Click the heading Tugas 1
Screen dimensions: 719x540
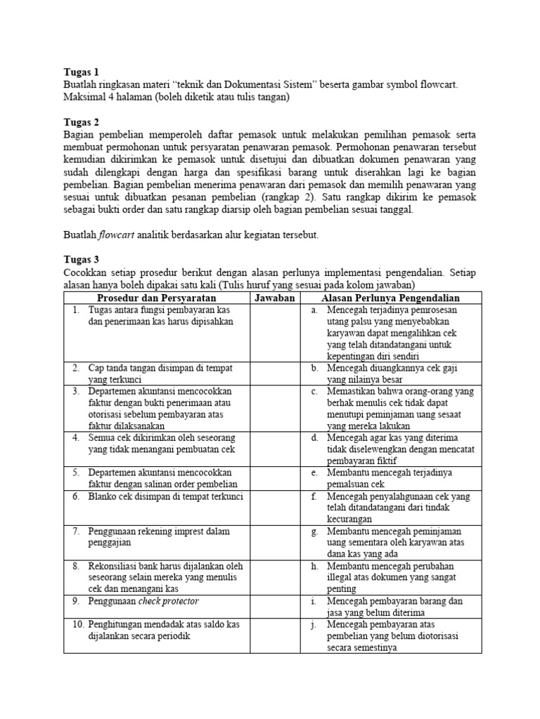click(x=81, y=72)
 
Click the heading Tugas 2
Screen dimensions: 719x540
click(x=81, y=122)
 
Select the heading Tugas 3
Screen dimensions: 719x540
click(x=81, y=259)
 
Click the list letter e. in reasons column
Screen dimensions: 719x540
click(x=315, y=473)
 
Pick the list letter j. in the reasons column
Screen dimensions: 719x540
click(x=315, y=624)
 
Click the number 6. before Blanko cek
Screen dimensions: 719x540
click(x=77, y=496)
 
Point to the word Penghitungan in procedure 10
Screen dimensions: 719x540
click(x=118, y=624)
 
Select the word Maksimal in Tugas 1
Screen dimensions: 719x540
click(x=84, y=97)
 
